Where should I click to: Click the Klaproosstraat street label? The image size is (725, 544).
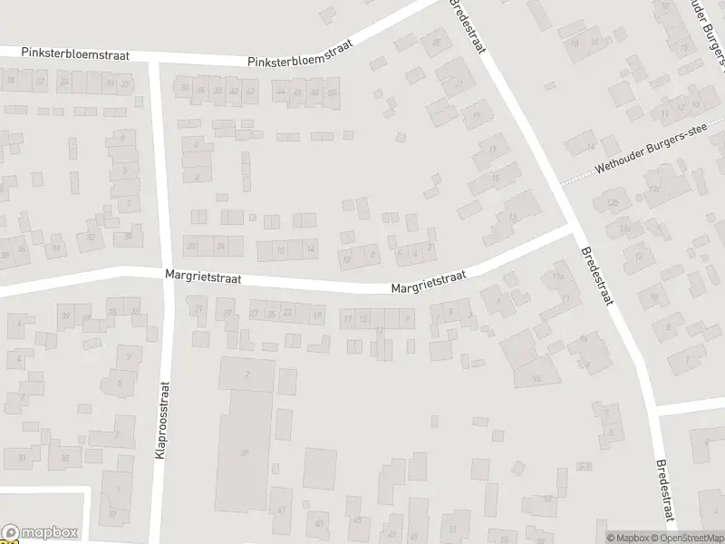[163, 418]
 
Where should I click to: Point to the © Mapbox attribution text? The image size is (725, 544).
[627, 538]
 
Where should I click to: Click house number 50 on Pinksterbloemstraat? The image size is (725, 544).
[332, 92]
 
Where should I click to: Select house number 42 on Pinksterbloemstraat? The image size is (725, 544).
[250, 92]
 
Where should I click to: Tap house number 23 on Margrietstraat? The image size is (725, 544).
[287, 314]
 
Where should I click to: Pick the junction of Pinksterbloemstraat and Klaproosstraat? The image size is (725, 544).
[155, 59]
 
